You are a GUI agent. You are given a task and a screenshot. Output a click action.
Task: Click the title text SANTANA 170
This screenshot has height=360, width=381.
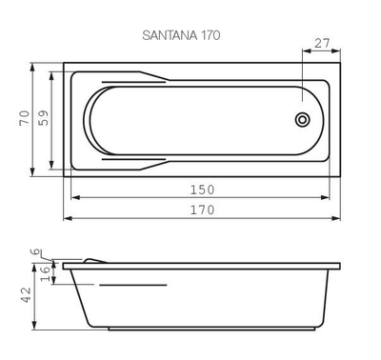pyautogui.click(x=181, y=35)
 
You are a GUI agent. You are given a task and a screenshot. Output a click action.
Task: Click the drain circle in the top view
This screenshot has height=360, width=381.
pyautogui.click(x=303, y=120)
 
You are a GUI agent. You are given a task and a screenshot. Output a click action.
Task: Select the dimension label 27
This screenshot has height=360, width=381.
pyautogui.click(x=322, y=43)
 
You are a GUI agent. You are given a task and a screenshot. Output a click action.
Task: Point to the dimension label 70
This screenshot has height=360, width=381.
pyautogui.click(x=25, y=118)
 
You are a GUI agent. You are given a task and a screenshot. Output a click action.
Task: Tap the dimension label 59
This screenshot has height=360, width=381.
pyautogui.click(x=44, y=118)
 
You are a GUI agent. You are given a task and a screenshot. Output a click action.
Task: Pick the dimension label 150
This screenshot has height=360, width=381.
pyautogui.click(x=202, y=190)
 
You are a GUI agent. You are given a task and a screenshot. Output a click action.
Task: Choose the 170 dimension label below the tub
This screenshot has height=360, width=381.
pyautogui.click(x=202, y=210)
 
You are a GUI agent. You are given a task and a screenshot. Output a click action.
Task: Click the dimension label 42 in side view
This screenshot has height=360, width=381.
pyautogui.click(x=26, y=295)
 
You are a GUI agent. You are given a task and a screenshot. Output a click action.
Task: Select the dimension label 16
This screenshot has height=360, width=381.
pyautogui.click(x=45, y=274)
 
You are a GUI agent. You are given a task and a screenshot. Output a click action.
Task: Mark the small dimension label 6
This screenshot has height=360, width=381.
pyautogui.click(x=36, y=251)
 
